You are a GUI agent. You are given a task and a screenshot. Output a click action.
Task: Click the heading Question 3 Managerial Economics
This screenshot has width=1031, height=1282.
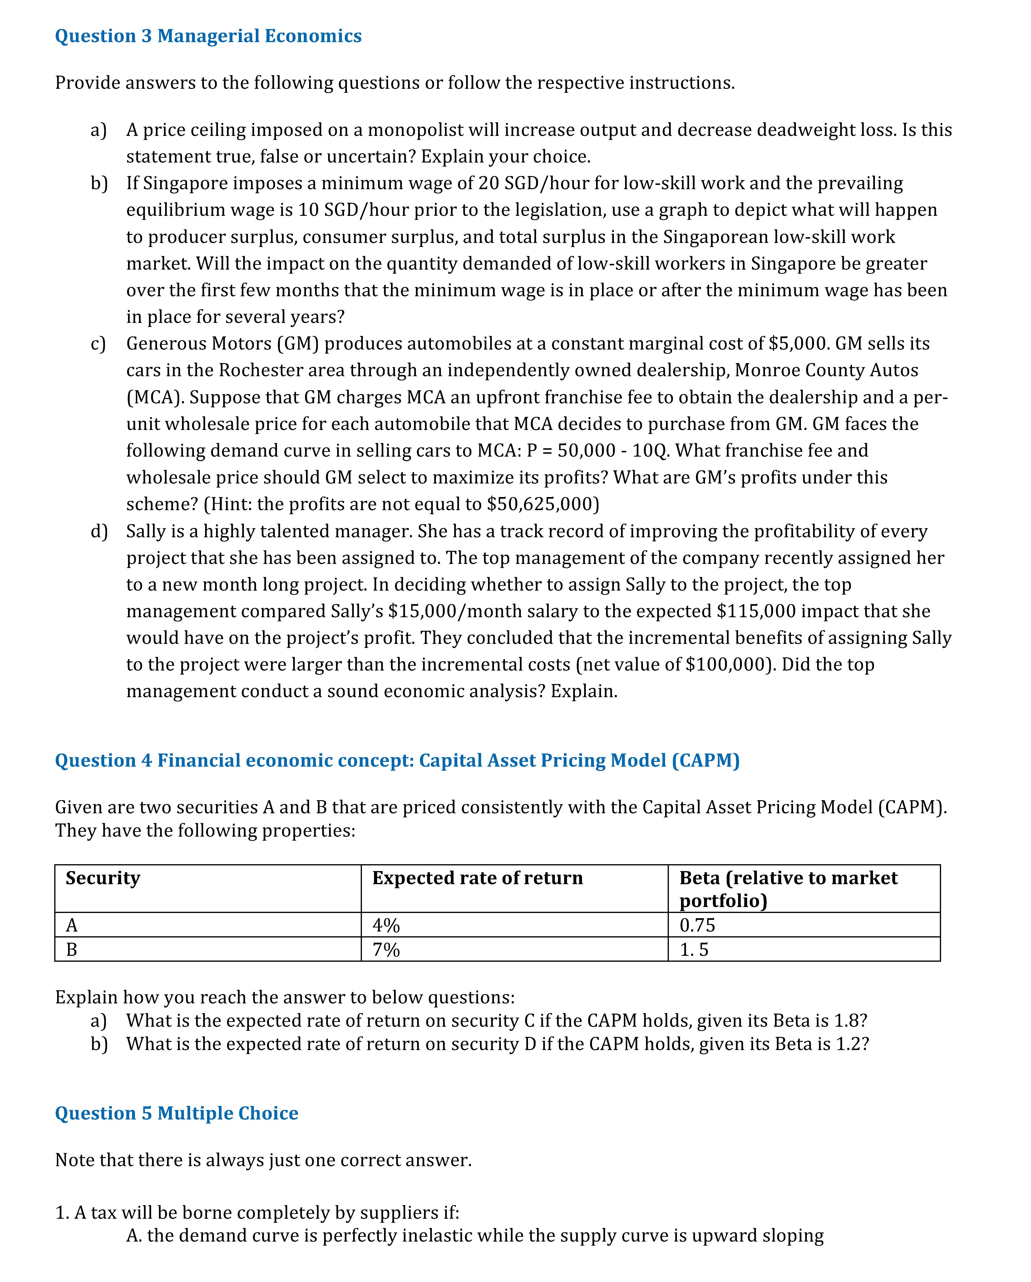pos(208,36)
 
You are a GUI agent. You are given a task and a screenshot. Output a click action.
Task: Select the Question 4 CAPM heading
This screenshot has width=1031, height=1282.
pos(397,760)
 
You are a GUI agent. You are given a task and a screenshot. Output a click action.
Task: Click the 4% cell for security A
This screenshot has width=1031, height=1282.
pos(386,925)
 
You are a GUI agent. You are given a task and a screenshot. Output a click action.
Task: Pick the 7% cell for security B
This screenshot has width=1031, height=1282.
pos(386,950)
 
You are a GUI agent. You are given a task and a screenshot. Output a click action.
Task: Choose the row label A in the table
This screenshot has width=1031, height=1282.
pos(72,925)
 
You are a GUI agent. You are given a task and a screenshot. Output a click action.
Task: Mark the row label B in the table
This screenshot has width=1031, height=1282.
pos(72,950)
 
